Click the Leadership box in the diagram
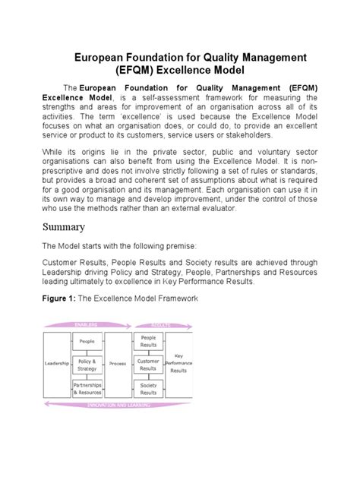click(57, 364)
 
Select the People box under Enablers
click(87, 342)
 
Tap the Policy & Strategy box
click(87, 365)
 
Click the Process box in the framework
click(118, 364)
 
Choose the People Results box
click(148, 342)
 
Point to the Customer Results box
click(148, 365)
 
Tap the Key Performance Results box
click(179, 364)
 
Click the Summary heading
click(63, 226)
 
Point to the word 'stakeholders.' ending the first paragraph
click(242, 134)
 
